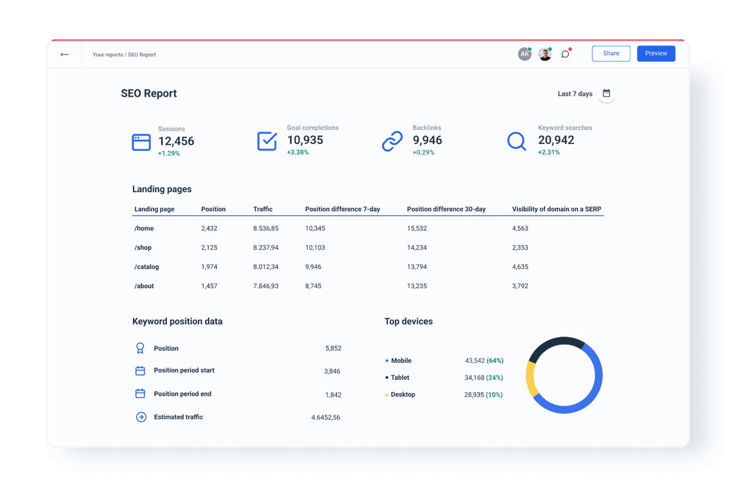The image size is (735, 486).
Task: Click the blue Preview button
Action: [656, 53]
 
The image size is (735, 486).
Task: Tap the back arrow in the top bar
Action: [64, 55]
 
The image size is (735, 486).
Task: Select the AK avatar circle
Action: [524, 55]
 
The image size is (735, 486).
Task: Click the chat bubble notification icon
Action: [565, 55]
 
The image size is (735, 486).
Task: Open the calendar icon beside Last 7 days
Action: [606, 94]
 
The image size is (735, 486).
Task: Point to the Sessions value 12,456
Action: [176, 141]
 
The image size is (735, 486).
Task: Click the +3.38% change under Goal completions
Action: [298, 152]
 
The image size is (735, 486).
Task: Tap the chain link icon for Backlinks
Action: [392, 142]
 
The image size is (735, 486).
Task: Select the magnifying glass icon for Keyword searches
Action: [516, 142]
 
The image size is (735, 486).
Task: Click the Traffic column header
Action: [263, 209]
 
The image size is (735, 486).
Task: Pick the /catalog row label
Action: [146, 267]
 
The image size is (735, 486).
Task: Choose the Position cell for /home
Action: [209, 228]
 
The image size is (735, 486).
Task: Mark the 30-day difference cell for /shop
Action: [417, 248]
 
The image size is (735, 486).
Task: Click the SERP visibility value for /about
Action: [520, 286]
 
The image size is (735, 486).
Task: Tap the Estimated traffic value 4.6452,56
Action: [325, 417]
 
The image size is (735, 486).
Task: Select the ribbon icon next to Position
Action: [140, 348]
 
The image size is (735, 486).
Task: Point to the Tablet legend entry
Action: [400, 378]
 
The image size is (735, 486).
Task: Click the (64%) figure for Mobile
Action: [495, 360]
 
